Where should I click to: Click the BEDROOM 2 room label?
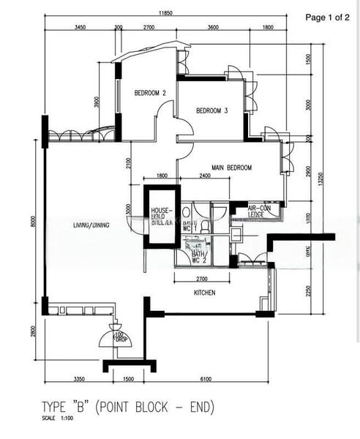(x=150, y=94)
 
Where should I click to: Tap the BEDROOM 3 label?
(x=212, y=111)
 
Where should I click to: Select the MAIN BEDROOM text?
(x=229, y=168)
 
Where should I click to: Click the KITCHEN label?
(x=205, y=293)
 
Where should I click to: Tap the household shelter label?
(x=161, y=216)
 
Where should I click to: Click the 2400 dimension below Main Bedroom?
(x=204, y=176)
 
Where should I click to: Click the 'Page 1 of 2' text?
(x=327, y=16)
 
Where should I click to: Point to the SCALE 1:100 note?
(x=59, y=419)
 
